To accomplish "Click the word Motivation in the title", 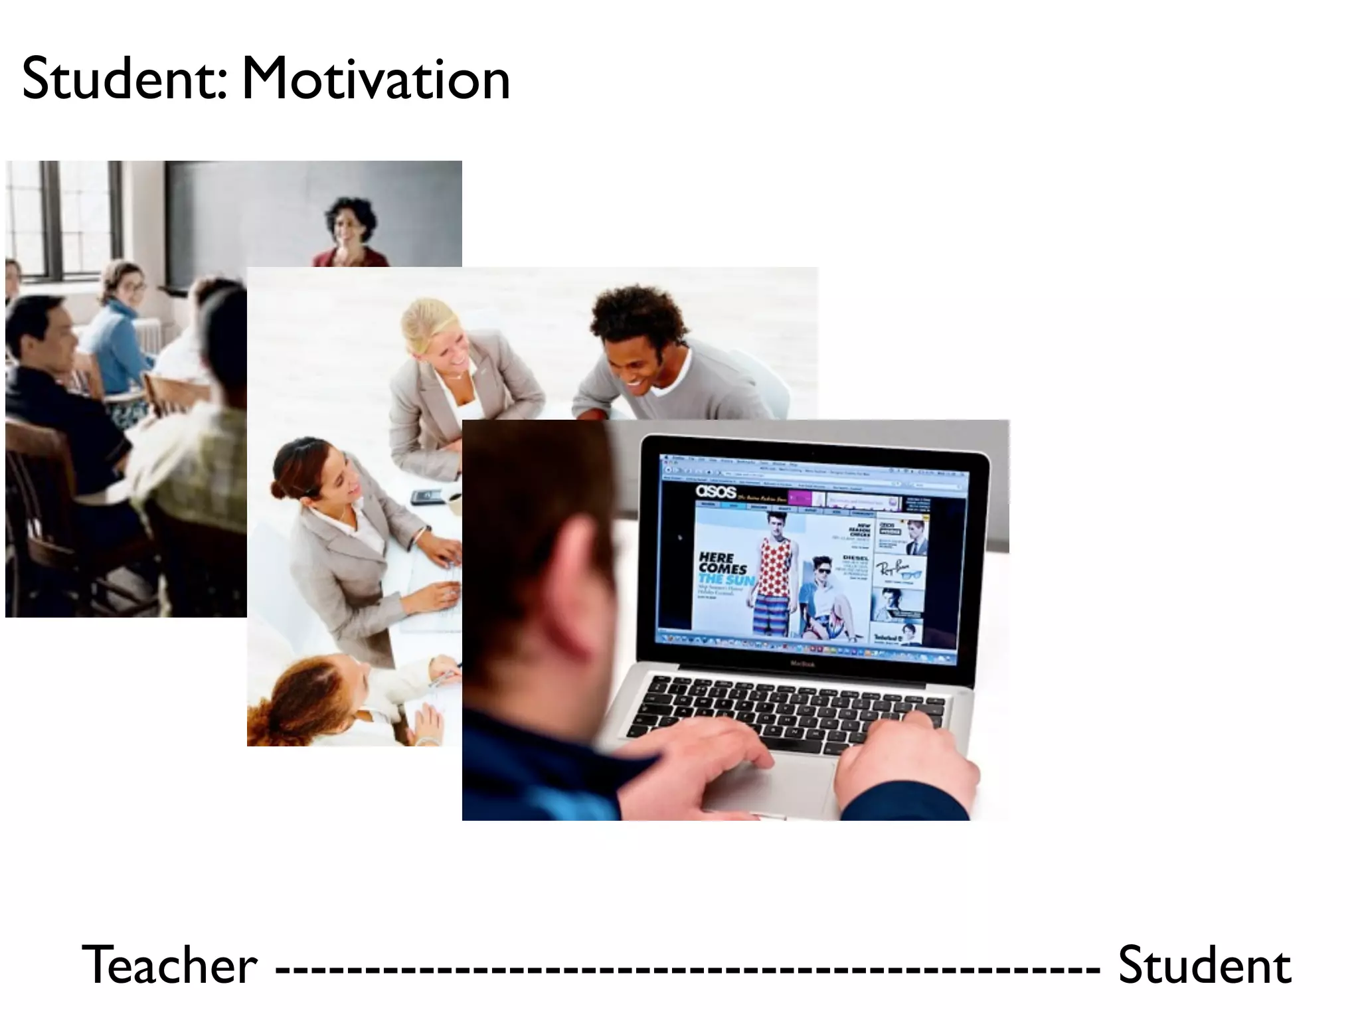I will point(375,80).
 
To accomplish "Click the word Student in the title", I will point(123,80).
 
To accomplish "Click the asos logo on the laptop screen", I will point(716,492).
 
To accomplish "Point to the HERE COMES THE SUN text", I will point(725,569).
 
